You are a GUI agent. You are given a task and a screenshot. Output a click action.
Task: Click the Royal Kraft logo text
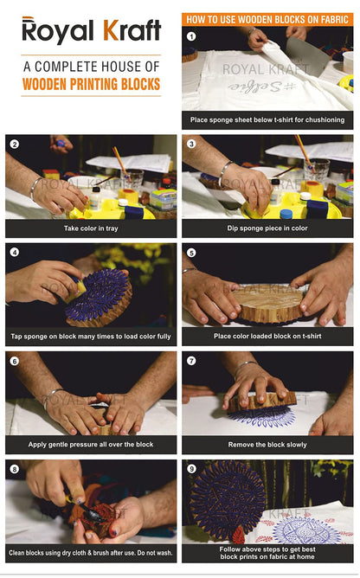pyautogui.click(x=91, y=31)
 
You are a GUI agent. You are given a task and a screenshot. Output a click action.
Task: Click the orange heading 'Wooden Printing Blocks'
pyautogui.click(x=91, y=84)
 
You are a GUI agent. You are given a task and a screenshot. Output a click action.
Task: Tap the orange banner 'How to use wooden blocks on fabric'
pyautogui.click(x=267, y=17)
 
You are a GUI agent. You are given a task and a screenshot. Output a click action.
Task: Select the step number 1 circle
pyautogui.click(x=191, y=36)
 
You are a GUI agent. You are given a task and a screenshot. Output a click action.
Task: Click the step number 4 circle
pyautogui.click(x=14, y=252)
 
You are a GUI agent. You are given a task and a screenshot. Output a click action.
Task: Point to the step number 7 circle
pyautogui.click(x=191, y=360)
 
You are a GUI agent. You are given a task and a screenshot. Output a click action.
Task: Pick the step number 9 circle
pyautogui.click(x=191, y=468)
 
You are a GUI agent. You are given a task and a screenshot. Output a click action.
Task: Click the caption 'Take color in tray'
pyautogui.click(x=91, y=228)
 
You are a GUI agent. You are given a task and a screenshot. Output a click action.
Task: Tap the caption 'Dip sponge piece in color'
pyautogui.click(x=267, y=228)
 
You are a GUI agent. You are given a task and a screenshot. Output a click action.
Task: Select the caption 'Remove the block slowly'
pyautogui.click(x=267, y=444)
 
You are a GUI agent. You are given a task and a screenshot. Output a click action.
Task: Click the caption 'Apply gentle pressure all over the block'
pyautogui.click(x=91, y=444)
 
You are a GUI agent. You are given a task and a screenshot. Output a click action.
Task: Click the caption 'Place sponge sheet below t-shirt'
pyautogui.click(x=267, y=119)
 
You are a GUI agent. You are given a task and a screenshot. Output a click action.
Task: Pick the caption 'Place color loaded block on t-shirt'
pyautogui.click(x=267, y=336)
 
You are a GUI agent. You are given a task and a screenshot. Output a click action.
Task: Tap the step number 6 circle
pyautogui.click(x=14, y=360)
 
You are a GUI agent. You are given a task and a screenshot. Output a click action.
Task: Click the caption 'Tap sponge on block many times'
pyautogui.click(x=91, y=336)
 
